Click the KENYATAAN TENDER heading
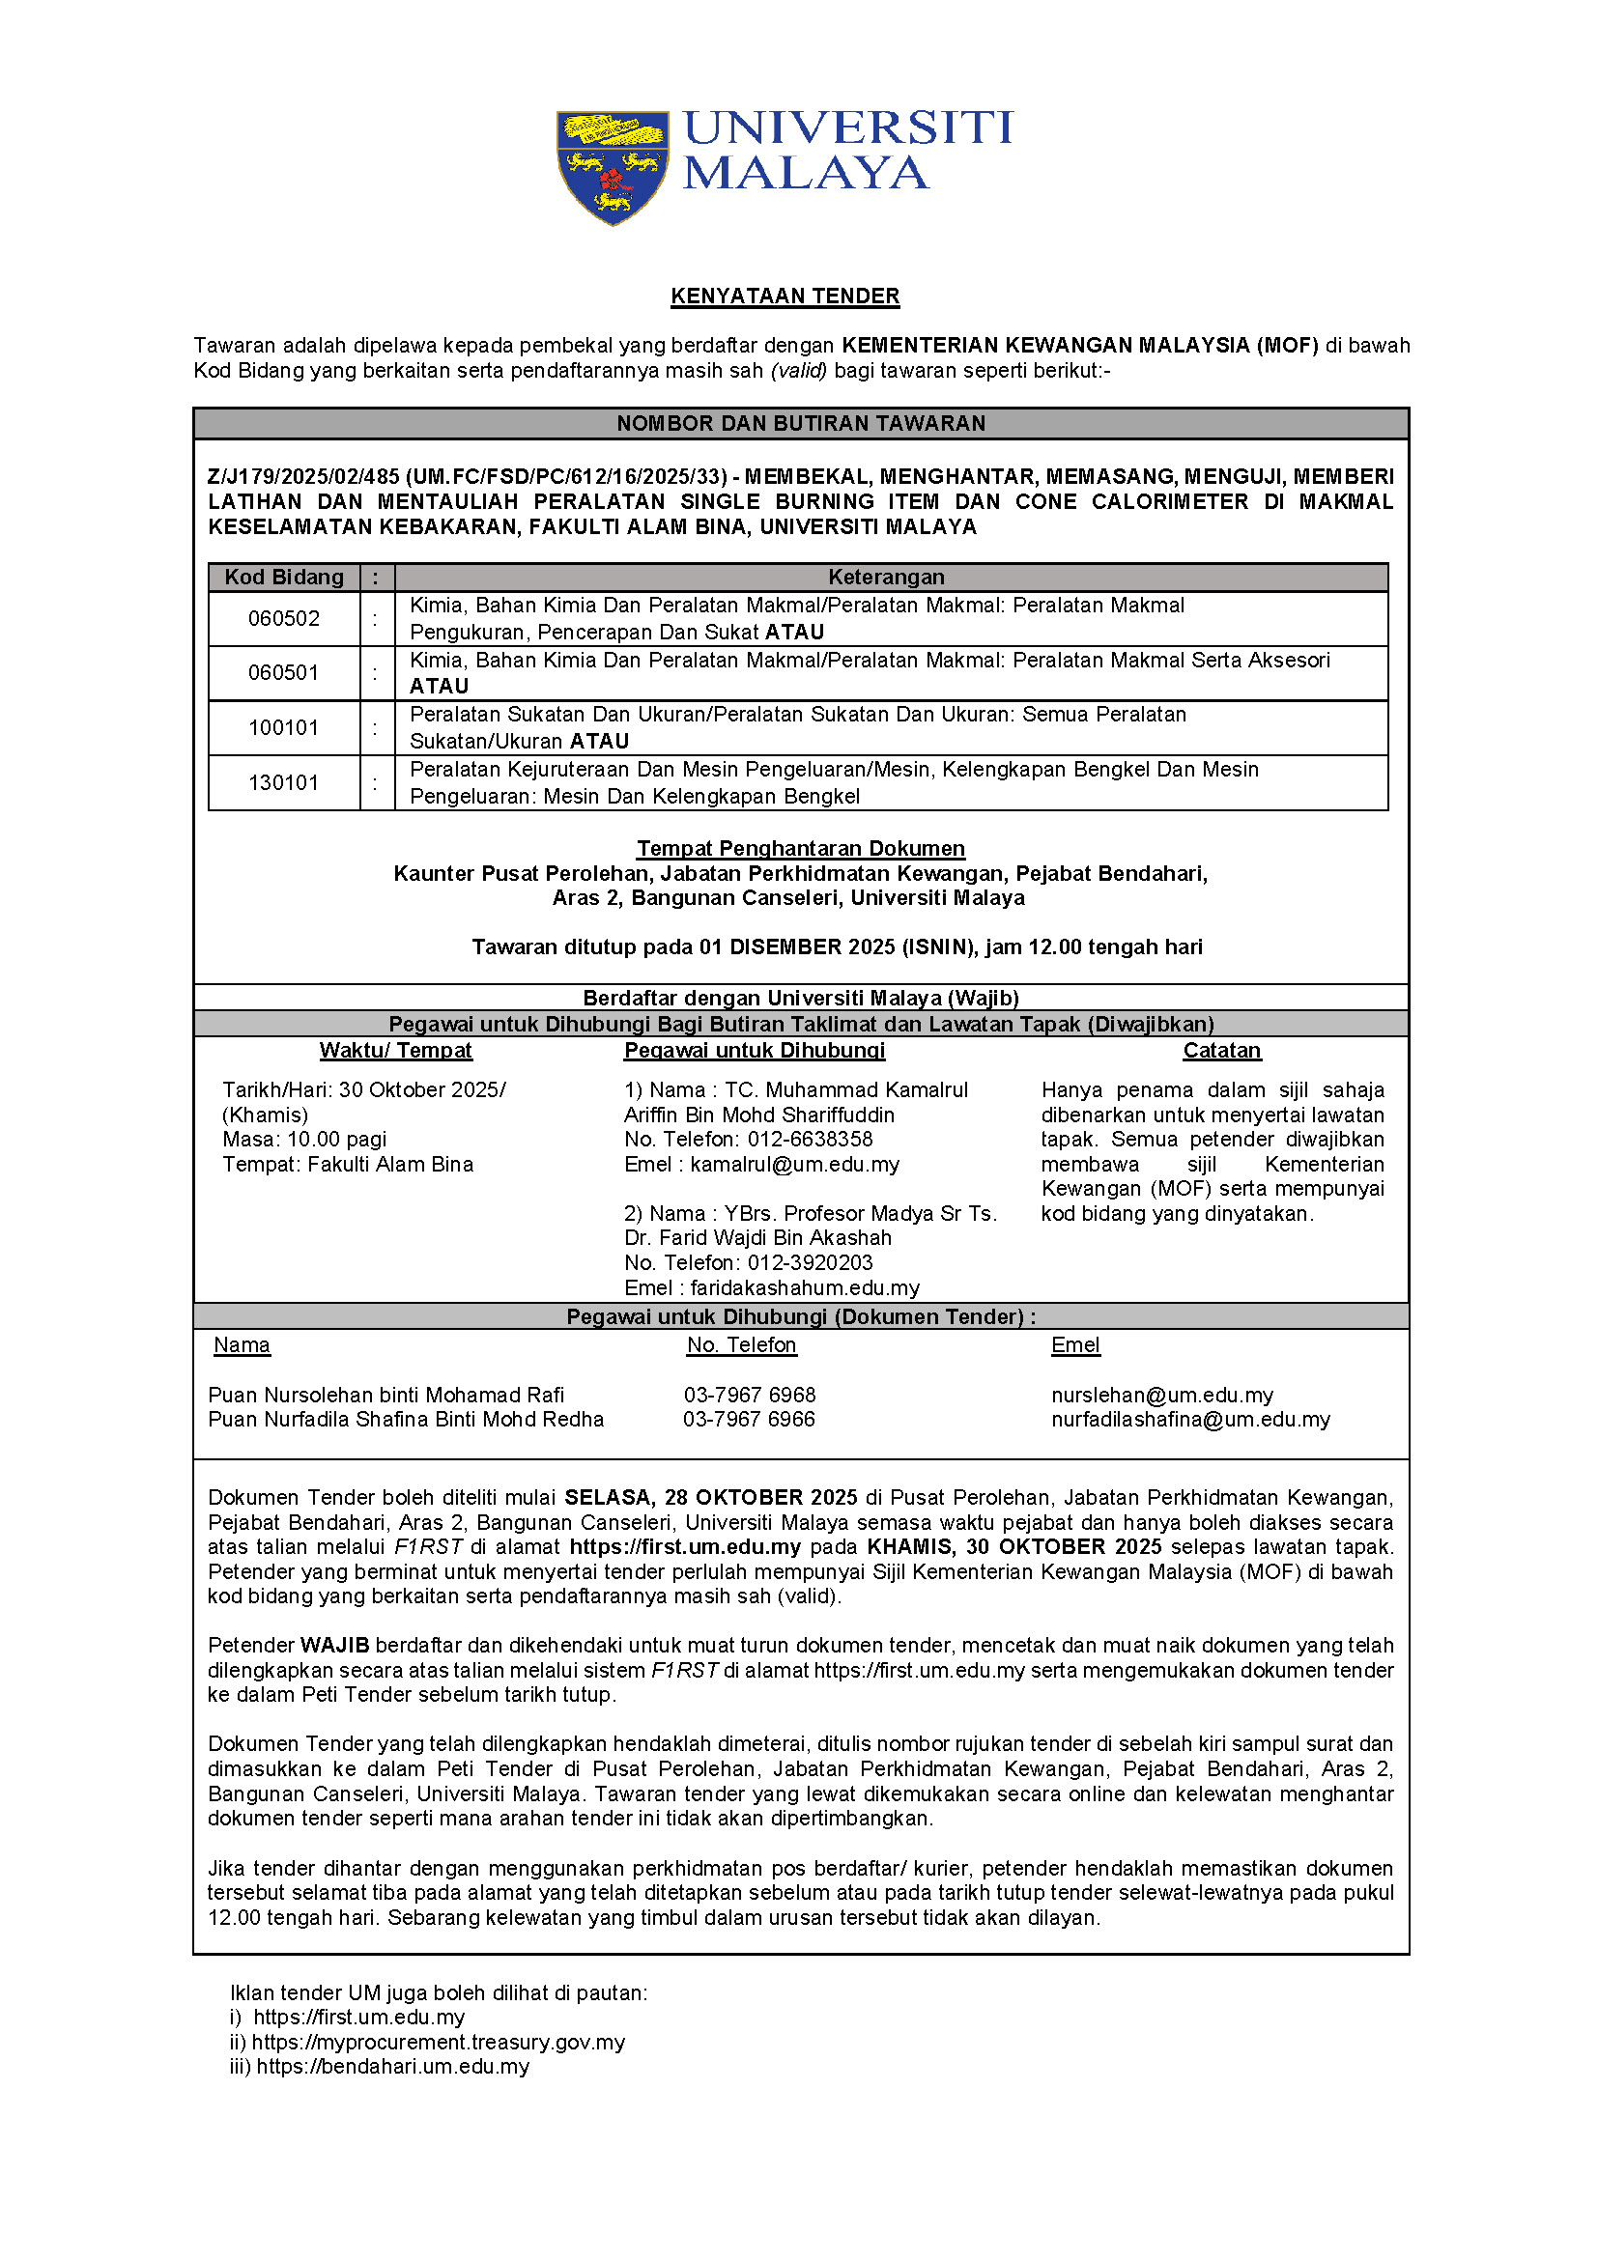(785, 296)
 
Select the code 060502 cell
(283, 619)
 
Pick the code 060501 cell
(283, 673)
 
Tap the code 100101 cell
(283, 728)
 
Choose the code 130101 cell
(283, 783)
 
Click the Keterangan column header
(886, 578)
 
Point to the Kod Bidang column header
(284, 578)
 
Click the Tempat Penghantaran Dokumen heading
(800, 848)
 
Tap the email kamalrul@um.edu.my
(794, 1165)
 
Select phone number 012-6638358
(810, 1140)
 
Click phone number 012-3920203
(810, 1263)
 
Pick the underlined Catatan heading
(1221, 1051)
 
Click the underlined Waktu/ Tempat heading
(395, 1051)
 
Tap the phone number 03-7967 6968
(750, 1396)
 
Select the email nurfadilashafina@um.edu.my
(1189, 1420)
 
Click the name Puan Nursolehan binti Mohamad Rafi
(385, 1396)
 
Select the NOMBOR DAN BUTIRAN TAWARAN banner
(800, 424)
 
